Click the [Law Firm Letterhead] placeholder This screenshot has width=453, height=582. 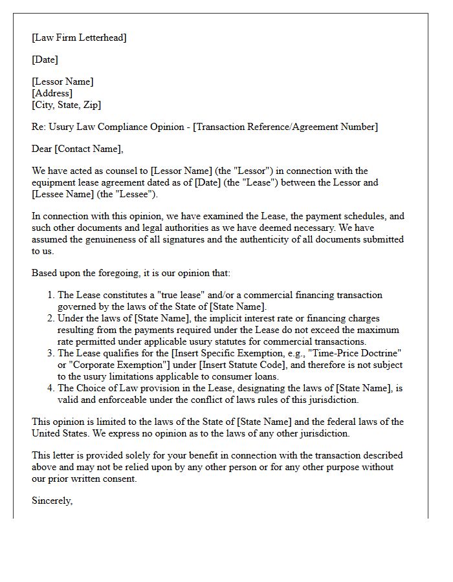[79, 38]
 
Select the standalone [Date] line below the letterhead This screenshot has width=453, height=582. [45, 59]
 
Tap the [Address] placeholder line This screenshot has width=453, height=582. [52, 93]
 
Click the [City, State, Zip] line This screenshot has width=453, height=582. [66, 105]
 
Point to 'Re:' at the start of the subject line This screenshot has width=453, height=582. [39, 127]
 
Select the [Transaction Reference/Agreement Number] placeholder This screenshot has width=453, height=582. [286, 127]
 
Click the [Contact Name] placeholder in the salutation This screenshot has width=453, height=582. [89, 149]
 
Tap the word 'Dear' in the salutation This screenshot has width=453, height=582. [42, 149]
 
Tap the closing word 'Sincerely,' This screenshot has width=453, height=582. [52, 501]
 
